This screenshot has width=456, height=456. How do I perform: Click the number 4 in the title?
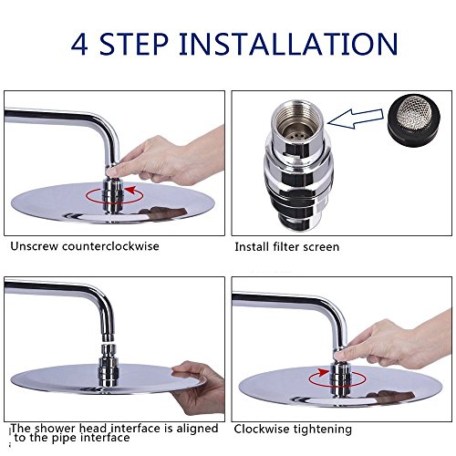pos(79,45)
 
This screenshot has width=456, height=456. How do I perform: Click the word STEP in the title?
pos(134,45)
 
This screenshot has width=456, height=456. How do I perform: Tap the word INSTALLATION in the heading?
pos(288,45)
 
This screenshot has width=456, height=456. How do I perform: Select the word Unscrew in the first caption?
pos(34,246)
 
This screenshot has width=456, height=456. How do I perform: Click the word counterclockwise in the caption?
pos(110,246)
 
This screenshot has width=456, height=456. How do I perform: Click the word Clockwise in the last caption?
pos(261,429)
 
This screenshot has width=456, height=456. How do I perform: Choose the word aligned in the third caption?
pos(197,428)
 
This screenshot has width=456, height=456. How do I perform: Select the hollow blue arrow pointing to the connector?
pos(356,119)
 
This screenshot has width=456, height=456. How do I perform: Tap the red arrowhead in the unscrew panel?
pos(130,190)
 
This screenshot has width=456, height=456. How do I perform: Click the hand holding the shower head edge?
pos(198,388)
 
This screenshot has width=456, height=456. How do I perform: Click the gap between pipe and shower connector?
pos(109,343)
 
